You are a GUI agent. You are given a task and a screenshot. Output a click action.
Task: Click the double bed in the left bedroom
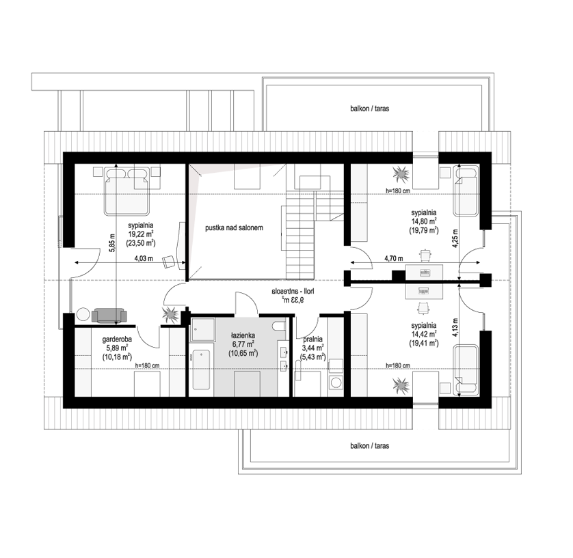(x=127, y=191)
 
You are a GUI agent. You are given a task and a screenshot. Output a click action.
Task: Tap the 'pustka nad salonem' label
(x=234, y=228)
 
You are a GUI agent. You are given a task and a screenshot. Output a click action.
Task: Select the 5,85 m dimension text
(x=112, y=242)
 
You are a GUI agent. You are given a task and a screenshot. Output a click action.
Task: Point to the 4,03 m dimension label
(x=144, y=258)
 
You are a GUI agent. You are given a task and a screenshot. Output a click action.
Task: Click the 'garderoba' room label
(x=117, y=339)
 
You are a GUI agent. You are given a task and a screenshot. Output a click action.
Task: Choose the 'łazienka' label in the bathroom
(x=243, y=335)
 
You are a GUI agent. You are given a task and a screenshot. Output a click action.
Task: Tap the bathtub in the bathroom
(x=200, y=369)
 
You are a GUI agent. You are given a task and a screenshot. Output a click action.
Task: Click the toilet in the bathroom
(x=280, y=326)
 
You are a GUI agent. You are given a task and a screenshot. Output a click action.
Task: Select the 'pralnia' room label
(x=312, y=339)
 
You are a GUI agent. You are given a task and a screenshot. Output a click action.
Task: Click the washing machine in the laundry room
(x=335, y=382)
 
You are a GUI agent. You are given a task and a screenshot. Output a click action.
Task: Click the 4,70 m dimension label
(x=393, y=258)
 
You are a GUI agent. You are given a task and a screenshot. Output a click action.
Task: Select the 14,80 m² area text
(x=423, y=221)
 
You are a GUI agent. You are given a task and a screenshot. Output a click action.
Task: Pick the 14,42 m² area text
(x=423, y=334)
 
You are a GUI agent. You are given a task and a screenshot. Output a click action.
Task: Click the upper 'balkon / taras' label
(x=369, y=109)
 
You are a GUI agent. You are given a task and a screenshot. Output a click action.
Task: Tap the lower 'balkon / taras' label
(x=369, y=445)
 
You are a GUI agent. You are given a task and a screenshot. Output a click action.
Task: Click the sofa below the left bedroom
(x=109, y=316)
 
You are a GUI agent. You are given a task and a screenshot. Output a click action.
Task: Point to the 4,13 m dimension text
(x=455, y=327)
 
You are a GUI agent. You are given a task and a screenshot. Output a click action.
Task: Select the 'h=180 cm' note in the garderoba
(x=147, y=365)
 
